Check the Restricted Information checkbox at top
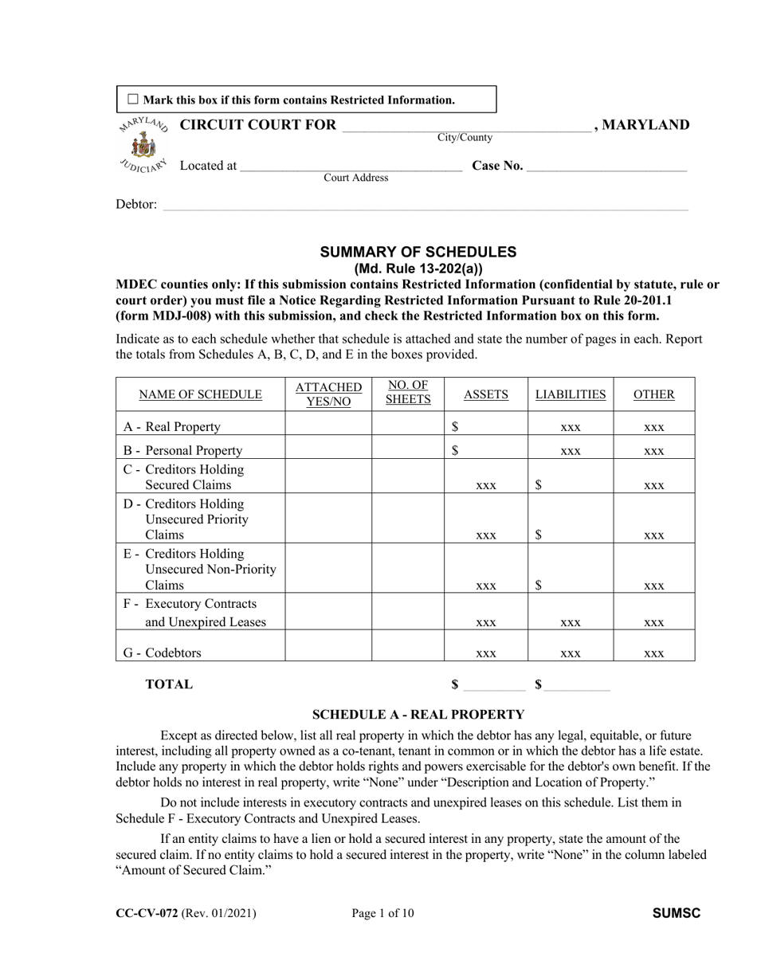click(x=133, y=100)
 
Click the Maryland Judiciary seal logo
click(x=144, y=145)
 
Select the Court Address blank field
click(x=351, y=167)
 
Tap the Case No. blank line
click(x=606, y=167)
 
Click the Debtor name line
click(x=425, y=206)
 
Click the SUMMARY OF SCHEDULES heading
click(x=418, y=252)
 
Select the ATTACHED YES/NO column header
click(x=328, y=394)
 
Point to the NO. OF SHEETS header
click(x=408, y=393)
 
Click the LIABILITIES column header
click(x=570, y=394)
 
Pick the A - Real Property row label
click(x=172, y=427)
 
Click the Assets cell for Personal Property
click(x=486, y=450)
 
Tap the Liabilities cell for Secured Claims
click(x=570, y=476)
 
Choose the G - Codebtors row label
click(x=163, y=653)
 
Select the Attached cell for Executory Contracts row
click(x=328, y=612)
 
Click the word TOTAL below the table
click(x=169, y=684)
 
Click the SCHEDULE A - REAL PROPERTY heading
click(x=418, y=715)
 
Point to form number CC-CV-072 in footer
click(x=147, y=914)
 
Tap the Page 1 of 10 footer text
click(x=382, y=914)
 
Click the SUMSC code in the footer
click(x=676, y=914)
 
